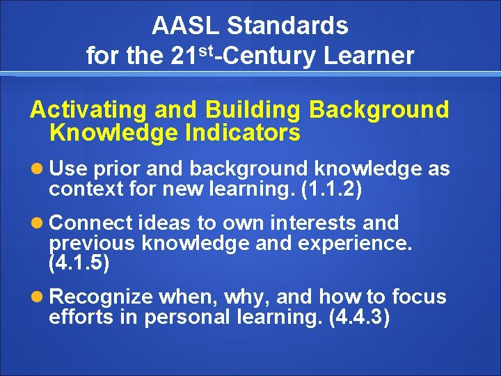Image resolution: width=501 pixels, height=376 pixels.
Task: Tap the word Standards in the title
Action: (287, 26)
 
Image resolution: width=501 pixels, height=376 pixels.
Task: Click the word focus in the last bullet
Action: (418, 297)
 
